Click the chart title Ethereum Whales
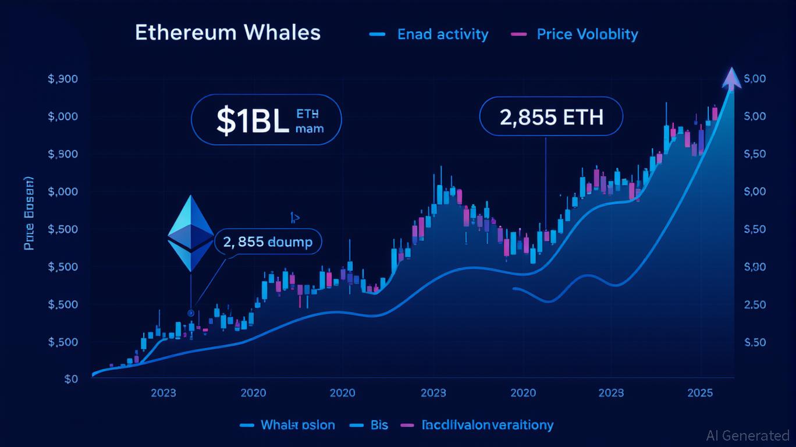tap(228, 33)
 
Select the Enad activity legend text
tap(442, 34)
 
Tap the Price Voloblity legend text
tap(587, 34)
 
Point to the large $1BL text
tap(252, 120)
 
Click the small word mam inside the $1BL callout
tap(310, 129)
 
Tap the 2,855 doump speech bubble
tap(268, 241)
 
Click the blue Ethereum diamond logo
tap(191, 233)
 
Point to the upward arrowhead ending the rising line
tap(731, 79)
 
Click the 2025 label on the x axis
tap(700, 393)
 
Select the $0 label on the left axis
tap(71, 379)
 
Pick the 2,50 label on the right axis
tap(755, 304)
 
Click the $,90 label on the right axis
tap(755, 267)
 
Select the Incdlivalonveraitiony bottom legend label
tap(488, 425)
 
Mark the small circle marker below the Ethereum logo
tap(190, 313)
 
